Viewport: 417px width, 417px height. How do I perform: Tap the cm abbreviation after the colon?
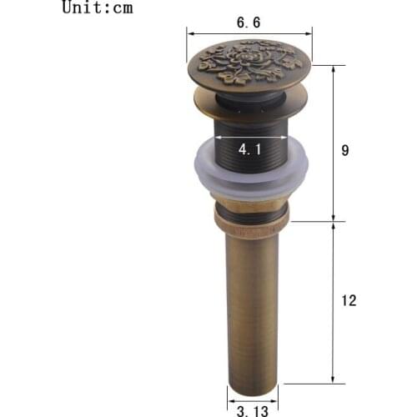tap(121, 9)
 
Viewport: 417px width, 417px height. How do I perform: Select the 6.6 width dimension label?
tap(248, 23)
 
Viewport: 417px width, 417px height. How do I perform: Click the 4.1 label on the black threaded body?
tap(248, 150)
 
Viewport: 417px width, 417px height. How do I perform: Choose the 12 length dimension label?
tap(349, 301)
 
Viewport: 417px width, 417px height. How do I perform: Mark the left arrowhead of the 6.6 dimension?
tap(189, 34)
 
